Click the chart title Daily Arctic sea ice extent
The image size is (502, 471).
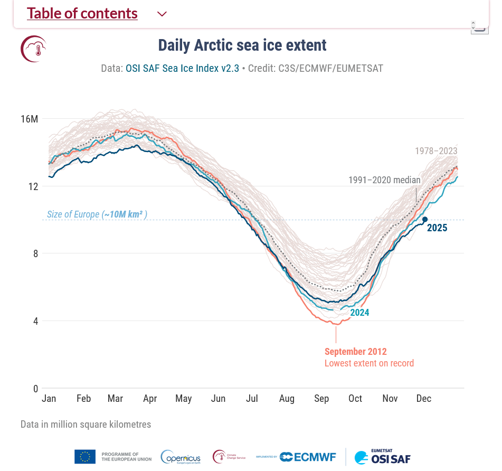pos(242,45)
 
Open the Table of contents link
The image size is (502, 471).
pos(82,14)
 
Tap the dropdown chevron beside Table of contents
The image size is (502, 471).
pos(162,14)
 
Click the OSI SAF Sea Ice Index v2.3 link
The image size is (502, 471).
pos(182,68)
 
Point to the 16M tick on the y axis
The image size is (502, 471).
pos(30,119)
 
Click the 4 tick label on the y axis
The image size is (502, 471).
pos(35,321)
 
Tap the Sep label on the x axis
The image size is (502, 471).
pos(321,399)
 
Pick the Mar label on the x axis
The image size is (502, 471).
pos(115,399)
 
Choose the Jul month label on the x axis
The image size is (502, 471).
pos(252,399)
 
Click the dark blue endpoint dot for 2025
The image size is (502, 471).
pos(424,219)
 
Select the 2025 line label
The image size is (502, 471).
pos(437,228)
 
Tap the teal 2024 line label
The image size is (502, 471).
pos(359,313)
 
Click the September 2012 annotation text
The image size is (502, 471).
pos(356,352)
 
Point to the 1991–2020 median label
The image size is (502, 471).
pos(384,180)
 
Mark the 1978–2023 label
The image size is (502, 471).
pos(436,151)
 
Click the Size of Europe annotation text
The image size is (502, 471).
pos(97,214)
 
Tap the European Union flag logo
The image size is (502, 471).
pos(85,457)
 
